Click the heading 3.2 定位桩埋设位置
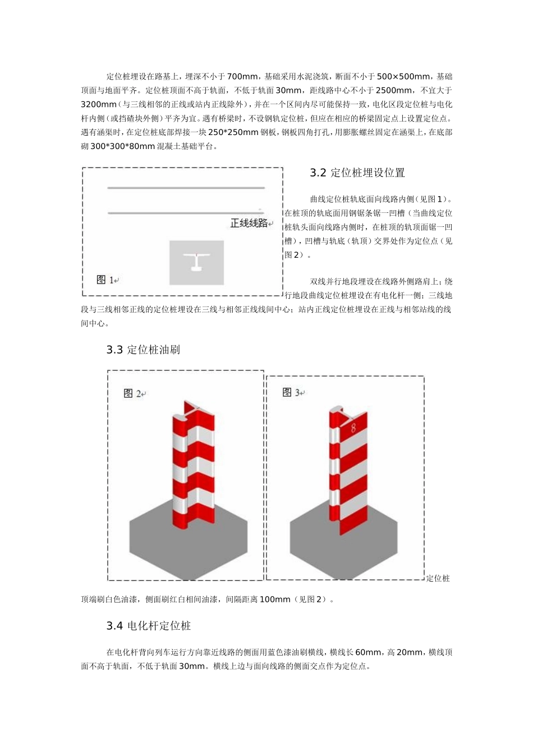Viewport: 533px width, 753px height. pyautogui.click(x=357, y=173)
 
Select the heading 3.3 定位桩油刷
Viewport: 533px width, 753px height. pyautogui.click(x=143, y=350)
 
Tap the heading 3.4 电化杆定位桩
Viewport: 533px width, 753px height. pyautogui.click(x=149, y=626)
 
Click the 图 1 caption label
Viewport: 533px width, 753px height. pyautogui.click(x=107, y=280)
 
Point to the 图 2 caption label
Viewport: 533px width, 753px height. pyautogui.click(x=134, y=393)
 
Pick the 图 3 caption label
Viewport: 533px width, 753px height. pyautogui.click(x=292, y=392)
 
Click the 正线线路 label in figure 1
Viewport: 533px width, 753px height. pyautogui.click(x=249, y=223)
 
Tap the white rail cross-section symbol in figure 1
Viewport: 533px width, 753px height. pyautogui.click(x=196, y=261)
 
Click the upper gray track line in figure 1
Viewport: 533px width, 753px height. pyautogui.click(x=186, y=188)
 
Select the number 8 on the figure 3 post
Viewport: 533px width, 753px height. pyautogui.click(x=353, y=427)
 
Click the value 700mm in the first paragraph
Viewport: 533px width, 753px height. pyautogui.click(x=242, y=76)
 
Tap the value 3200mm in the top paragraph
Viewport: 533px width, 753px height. pyautogui.click(x=99, y=104)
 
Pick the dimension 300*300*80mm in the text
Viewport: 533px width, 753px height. pyautogui.click(x=122, y=146)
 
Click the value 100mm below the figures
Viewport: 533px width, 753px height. pyautogui.click(x=275, y=599)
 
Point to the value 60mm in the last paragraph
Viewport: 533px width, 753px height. pyautogui.click(x=368, y=652)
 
